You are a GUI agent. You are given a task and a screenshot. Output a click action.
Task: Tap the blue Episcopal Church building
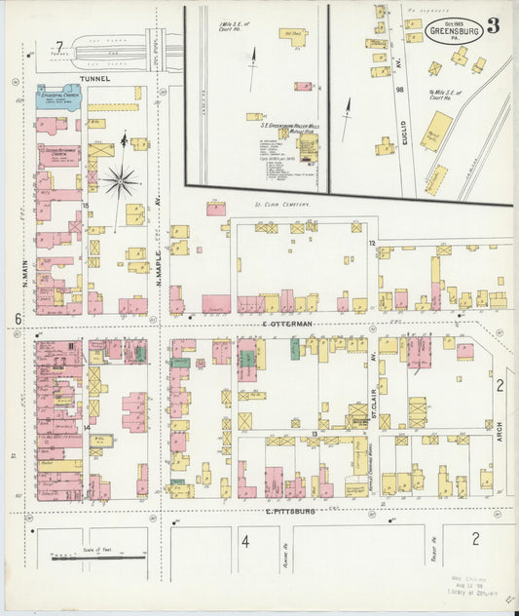[57, 96]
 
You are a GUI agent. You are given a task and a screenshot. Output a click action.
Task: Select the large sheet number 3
[493, 24]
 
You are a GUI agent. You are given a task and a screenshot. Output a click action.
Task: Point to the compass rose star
[121, 180]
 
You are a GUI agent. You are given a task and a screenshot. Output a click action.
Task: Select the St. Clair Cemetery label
[281, 205]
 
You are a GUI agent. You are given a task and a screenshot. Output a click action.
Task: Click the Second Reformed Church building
[60, 156]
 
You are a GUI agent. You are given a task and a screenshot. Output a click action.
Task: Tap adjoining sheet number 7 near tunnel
[59, 48]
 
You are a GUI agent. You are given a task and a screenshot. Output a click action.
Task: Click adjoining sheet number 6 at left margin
[18, 320]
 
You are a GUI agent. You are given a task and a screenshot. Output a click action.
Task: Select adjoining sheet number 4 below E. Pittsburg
[245, 542]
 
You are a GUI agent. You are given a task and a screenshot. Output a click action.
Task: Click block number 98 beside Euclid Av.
[399, 90]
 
